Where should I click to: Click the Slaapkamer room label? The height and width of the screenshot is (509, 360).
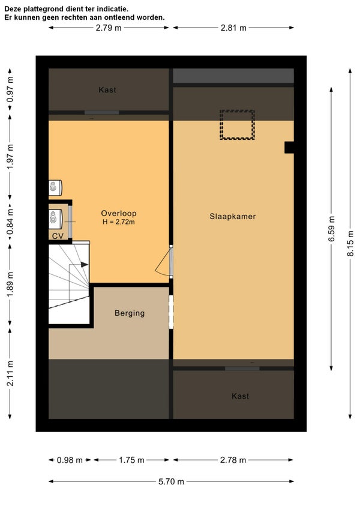232,217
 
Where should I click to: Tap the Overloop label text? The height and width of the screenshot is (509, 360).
118,213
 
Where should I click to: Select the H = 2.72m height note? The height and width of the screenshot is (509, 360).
118,222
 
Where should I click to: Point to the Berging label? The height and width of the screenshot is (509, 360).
130,313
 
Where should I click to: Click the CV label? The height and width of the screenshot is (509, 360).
58,236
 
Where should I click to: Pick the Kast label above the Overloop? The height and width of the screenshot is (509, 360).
107,90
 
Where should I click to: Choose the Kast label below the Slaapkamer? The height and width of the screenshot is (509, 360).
240,396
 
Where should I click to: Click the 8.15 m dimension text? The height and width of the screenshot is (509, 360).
350,243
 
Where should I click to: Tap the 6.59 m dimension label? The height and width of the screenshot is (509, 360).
331,229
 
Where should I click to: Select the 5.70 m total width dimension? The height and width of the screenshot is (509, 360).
171,481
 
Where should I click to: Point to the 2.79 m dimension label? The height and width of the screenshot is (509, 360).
109,28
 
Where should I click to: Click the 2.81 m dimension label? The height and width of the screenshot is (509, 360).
233,28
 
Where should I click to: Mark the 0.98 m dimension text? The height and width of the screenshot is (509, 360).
70,460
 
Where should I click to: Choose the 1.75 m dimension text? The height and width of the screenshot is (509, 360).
131,460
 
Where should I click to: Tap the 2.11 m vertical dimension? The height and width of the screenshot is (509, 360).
10,373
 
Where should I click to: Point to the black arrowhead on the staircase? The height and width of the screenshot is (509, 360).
85,265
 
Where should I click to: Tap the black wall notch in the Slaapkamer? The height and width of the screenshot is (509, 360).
289,148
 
